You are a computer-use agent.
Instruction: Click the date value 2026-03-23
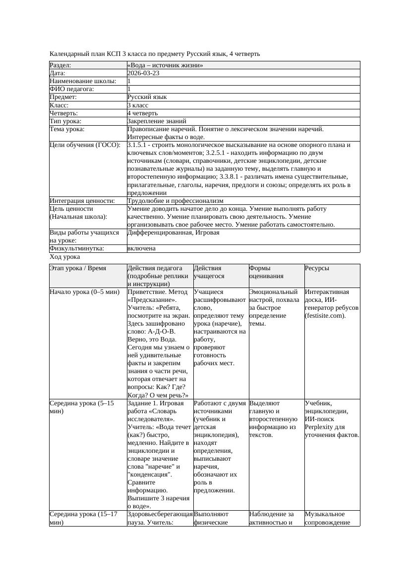[x=143, y=73]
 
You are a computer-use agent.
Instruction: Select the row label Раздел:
[x=60, y=65]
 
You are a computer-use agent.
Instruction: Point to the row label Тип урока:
[x=65, y=121]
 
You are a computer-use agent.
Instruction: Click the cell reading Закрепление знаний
[x=157, y=121]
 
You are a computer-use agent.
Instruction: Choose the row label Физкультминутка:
[x=72, y=248]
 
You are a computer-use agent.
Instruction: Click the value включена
[x=141, y=248]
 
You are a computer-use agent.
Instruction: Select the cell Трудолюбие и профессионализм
[x=175, y=201]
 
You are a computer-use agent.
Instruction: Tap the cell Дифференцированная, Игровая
[x=173, y=233]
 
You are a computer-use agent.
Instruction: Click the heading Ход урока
[x=65, y=257]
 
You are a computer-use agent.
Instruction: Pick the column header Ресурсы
[x=317, y=268]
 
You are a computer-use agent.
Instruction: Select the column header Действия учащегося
[x=209, y=272]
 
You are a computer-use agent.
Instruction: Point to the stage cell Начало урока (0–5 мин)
[x=85, y=292]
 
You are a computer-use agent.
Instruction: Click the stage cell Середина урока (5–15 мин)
[x=82, y=407]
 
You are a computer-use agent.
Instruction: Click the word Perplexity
[x=319, y=427]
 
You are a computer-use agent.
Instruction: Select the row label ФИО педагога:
[x=72, y=89]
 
